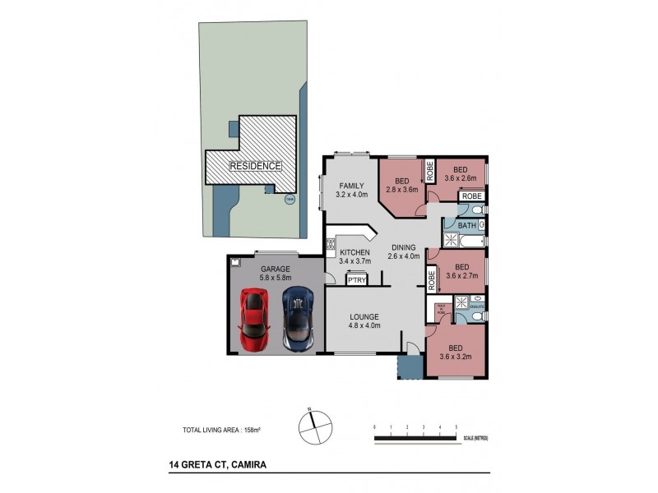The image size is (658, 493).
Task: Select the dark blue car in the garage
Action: (x=298, y=317)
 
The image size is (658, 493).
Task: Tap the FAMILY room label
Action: (x=350, y=191)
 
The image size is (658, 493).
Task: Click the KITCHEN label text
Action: (x=355, y=252)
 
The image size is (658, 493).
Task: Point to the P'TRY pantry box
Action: (x=357, y=280)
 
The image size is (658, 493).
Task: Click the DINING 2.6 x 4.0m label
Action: (x=405, y=251)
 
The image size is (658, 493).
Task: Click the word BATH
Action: (x=467, y=224)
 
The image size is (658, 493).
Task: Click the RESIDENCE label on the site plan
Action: (x=255, y=165)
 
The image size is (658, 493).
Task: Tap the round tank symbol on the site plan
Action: (x=288, y=198)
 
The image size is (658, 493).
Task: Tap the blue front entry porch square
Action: (x=408, y=366)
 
